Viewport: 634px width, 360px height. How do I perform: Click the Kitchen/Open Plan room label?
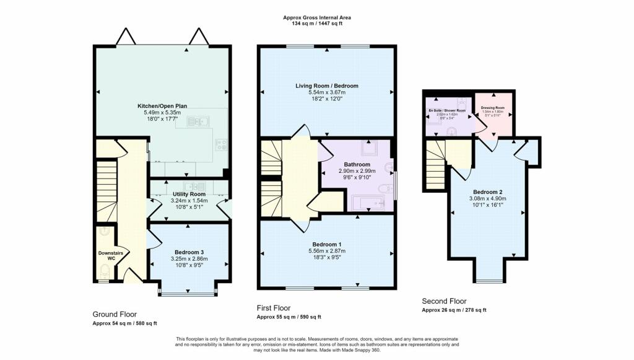point(159,105)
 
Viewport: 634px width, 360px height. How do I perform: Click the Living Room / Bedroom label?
point(326,86)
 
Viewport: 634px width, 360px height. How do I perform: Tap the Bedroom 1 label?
point(327,244)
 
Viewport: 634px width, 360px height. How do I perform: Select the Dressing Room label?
point(492,107)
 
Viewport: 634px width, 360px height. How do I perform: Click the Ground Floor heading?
point(115,314)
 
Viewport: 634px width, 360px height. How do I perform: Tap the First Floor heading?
point(273,308)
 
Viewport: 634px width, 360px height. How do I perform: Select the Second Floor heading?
point(444,302)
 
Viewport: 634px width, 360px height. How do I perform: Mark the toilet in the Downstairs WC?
point(105,271)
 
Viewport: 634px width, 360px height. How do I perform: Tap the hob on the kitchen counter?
point(221,144)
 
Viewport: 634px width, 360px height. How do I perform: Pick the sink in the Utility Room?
point(191,186)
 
